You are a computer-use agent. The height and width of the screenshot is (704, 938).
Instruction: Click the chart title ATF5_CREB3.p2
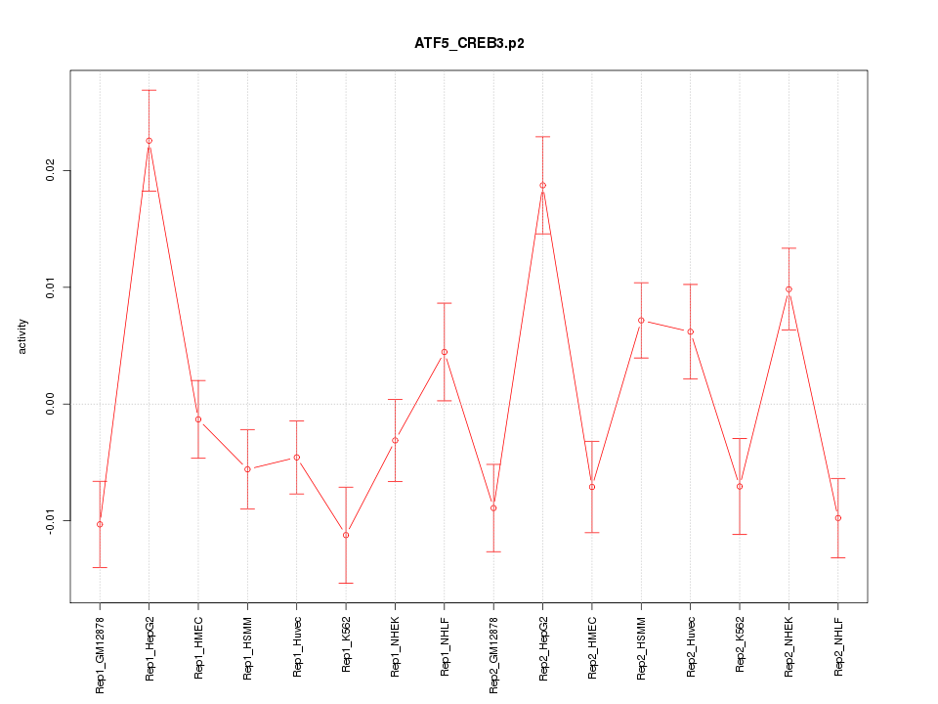pyautogui.click(x=469, y=44)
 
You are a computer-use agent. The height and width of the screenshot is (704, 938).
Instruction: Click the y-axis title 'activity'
pyautogui.click(x=23, y=336)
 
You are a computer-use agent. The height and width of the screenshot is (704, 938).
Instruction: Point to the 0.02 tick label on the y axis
pyautogui.click(x=46, y=171)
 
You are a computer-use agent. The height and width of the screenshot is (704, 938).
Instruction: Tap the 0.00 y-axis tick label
pyautogui.click(x=46, y=404)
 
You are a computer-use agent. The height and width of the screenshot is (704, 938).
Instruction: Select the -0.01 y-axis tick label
pyautogui.click(x=46, y=519)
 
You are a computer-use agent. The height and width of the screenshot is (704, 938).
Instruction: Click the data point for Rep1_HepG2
pyautogui.click(x=149, y=141)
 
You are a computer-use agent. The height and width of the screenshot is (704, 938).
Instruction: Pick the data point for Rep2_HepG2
pyautogui.click(x=542, y=185)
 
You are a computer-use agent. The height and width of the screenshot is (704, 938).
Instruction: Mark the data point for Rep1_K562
pyautogui.click(x=346, y=535)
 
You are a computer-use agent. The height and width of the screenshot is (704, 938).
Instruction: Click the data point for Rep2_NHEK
pyautogui.click(x=789, y=289)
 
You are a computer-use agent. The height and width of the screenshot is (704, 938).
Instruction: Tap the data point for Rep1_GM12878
pyautogui.click(x=100, y=524)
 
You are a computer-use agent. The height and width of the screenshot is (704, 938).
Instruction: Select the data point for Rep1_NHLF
pyautogui.click(x=445, y=352)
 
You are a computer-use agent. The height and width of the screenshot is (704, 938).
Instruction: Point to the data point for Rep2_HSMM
pyautogui.click(x=641, y=321)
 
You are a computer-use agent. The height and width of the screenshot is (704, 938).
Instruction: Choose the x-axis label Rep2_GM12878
pyautogui.click(x=493, y=654)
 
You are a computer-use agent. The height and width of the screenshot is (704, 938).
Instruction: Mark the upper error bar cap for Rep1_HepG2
pyautogui.click(x=149, y=90)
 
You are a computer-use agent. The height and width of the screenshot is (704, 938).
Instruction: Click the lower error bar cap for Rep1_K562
pyautogui.click(x=346, y=583)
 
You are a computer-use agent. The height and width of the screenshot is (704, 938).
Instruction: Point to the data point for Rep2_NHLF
pyautogui.click(x=838, y=518)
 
